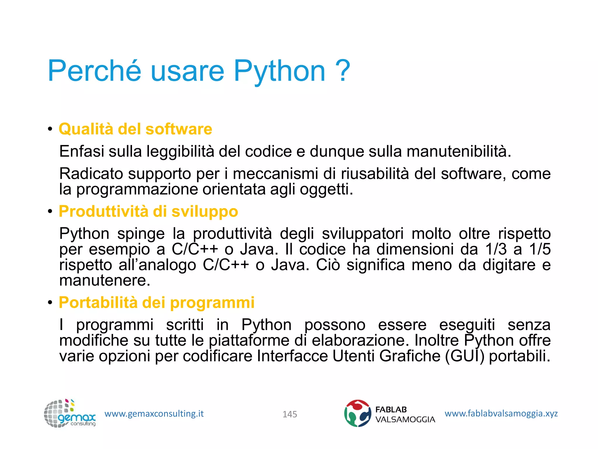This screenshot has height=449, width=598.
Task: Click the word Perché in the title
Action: tap(94, 71)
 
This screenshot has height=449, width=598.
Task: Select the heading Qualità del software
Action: tap(135, 129)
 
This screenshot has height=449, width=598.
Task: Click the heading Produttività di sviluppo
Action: tap(148, 211)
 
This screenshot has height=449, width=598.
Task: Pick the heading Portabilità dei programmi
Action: tap(157, 302)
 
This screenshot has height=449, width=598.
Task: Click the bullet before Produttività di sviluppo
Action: tap(50, 211)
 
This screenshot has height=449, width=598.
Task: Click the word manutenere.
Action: tap(105, 281)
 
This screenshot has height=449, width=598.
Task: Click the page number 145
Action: tap(290, 414)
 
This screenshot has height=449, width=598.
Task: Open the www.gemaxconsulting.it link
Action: tap(154, 414)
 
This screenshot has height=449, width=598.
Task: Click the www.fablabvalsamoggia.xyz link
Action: tap(501, 413)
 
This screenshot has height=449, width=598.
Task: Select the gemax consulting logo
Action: tap(70, 414)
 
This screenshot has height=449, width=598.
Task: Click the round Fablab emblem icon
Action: tap(358, 413)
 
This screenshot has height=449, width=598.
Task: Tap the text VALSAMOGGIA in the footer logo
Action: tap(405, 420)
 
